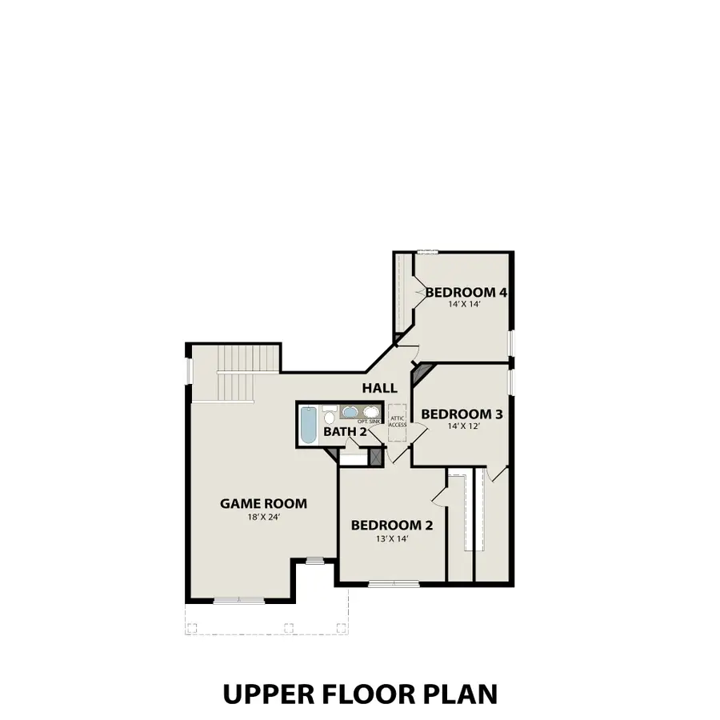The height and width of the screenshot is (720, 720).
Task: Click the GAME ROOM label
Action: point(263,503)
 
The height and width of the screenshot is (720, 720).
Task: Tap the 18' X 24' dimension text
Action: point(263,518)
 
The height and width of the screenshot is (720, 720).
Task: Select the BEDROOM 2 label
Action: point(392,525)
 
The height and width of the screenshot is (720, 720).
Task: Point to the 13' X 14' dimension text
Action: point(392,539)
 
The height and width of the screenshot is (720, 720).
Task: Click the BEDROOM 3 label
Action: point(462,414)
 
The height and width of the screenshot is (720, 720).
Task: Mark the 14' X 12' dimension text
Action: point(462,426)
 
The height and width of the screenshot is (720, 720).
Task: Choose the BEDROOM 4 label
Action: point(466,293)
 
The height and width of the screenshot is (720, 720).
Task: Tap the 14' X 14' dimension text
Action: point(466,305)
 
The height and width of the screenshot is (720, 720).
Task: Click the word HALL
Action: point(379,388)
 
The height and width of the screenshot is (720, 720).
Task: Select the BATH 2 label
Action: point(345,432)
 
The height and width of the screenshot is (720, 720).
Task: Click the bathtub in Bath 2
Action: point(308,424)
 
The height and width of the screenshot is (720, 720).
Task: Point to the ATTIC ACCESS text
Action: point(397,421)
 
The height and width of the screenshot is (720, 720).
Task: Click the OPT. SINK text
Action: point(369,421)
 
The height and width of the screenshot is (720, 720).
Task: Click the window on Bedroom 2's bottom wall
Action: point(392,583)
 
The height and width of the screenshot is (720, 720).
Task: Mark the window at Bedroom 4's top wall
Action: point(426,253)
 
